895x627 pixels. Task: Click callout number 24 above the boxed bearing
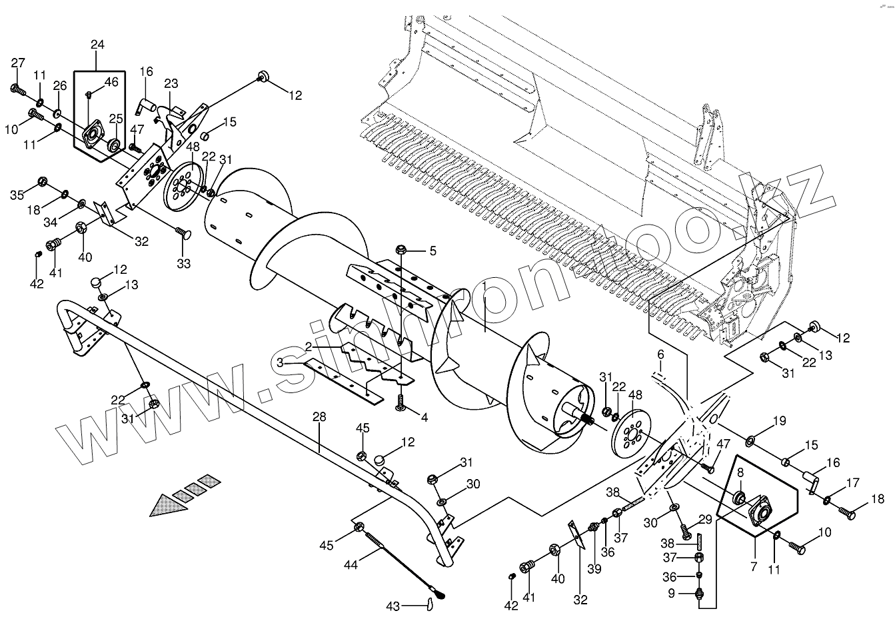[x=97, y=45]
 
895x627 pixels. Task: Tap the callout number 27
[x=18, y=63]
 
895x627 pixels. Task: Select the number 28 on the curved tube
[x=319, y=417]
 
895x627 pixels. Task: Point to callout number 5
[x=433, y=251]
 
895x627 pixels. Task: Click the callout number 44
[x=351, y=564]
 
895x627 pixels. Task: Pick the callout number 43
[x=394, y=606]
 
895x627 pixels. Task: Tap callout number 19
[x=779, y=421]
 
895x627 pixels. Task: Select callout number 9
[x=672, y=593]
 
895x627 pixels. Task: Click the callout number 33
[x=183, y=263]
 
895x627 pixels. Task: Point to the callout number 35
[x=17, y=195]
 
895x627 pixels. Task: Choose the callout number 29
[x=704, y=519]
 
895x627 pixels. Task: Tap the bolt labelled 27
[x=17, y=88]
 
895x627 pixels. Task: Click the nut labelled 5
[x=402, y=250]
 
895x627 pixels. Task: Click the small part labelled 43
[x=429, y=604]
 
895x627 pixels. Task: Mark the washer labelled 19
[x=750, y=440]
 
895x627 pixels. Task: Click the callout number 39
[x=594, y=568]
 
